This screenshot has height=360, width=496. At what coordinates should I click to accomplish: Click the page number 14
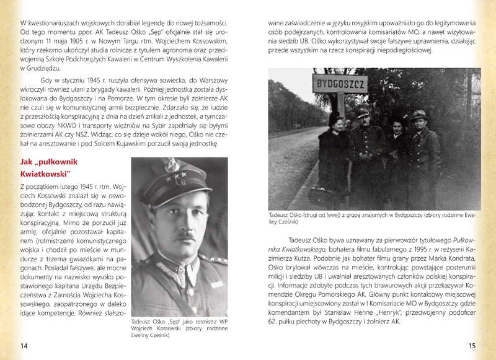point(24,345)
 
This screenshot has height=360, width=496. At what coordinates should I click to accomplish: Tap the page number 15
point(471,345)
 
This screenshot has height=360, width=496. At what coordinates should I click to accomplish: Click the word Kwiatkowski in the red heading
point(47,172)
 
